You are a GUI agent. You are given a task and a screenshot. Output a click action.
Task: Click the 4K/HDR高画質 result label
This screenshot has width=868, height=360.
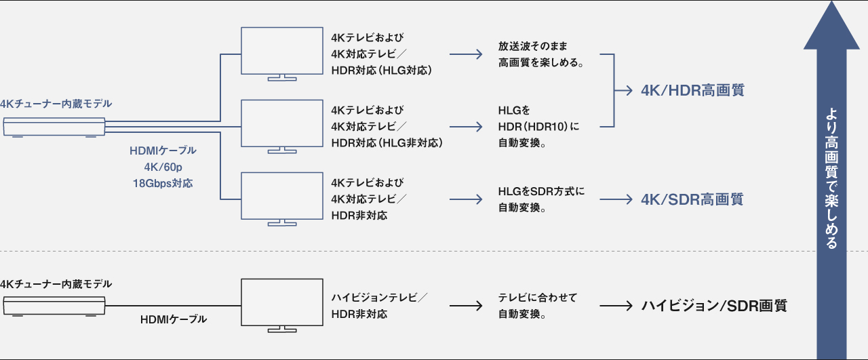[x=692, y=90]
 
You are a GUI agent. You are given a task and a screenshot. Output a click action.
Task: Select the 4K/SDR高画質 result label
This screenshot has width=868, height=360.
[x=692, y=199]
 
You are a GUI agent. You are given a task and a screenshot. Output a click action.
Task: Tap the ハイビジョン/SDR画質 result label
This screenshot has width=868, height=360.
[x=714, y=305]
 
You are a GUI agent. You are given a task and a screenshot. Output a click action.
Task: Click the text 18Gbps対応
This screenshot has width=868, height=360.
[x=163, y=183]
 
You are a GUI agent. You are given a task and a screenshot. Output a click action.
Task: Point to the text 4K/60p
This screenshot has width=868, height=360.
[x=163, y=167]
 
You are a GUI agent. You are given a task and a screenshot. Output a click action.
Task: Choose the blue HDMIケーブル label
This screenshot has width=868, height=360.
[x=163, y=151]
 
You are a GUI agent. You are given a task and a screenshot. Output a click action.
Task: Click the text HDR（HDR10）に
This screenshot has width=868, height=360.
[x=539, y=127]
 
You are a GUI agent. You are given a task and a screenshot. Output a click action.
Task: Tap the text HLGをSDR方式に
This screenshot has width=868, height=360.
[x=541, y=192]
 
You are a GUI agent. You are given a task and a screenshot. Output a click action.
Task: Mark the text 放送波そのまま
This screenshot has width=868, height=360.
[x=532, y=46]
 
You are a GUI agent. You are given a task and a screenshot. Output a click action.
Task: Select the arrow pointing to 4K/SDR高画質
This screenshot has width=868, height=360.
[x=615, y=200]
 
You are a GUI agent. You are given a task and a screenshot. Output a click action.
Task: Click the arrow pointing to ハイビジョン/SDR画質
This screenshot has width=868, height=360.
[x=615, y=306]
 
